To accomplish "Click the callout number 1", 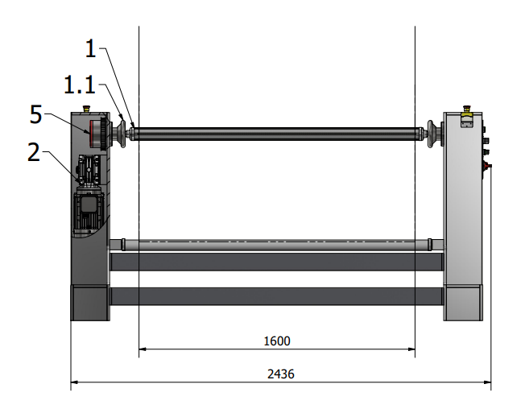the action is pos(91,49).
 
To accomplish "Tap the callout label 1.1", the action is pos(80,85).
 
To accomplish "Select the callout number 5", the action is pos(36,114).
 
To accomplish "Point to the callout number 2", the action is pos(34,152).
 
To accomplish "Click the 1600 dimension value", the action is pos(277,341).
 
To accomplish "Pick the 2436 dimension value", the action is pos(281,374).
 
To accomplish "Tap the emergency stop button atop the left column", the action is pos(86,109).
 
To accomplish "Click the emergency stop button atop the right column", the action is pos(466,109).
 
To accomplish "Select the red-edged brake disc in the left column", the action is pos(94,133).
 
